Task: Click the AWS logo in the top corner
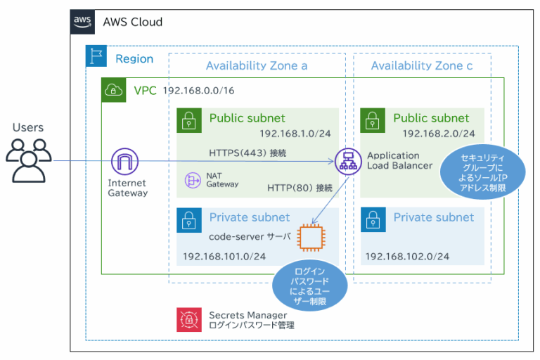(83, 22)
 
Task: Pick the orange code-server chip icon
(311, 237)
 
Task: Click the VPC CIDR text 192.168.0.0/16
(198, 91)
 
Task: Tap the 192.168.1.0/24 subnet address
(295, 133)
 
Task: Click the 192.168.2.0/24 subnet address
(438, 134)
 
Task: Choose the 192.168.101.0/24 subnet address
(224, 257)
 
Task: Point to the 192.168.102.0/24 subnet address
(407, 257)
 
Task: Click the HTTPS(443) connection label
(247, 152)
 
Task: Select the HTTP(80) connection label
(299, 188)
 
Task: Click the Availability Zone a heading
(257, 65)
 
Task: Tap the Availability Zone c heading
(422, 65)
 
